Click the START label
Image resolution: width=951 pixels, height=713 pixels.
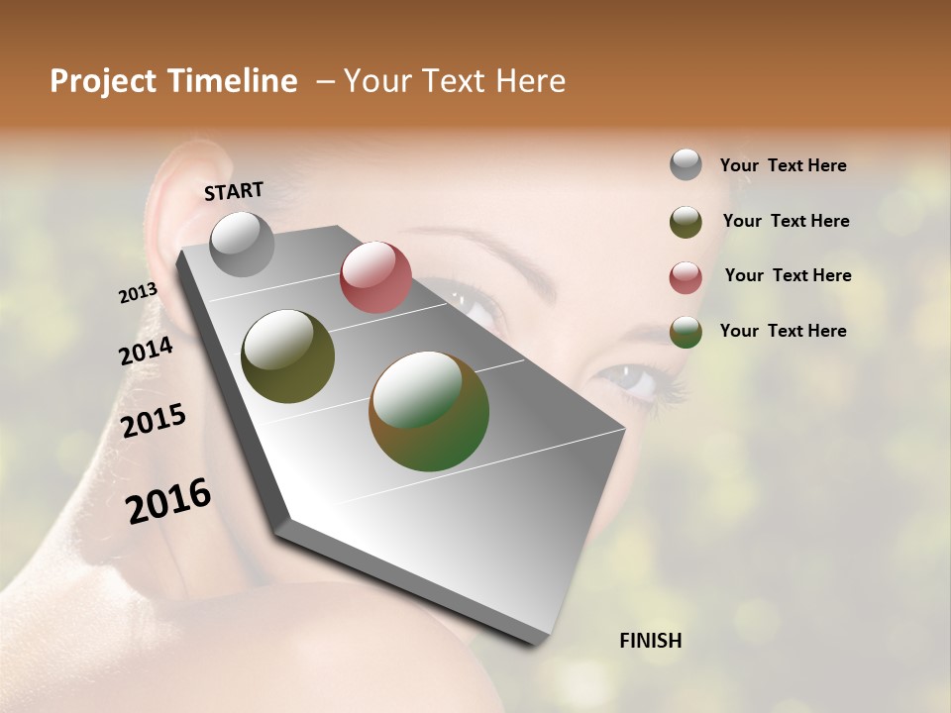(x=234, y=191)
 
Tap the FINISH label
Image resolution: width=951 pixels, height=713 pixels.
(x=650, y=641)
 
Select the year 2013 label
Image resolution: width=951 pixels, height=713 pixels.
(x=139, y=293)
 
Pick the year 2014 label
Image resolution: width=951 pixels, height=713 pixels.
(x=147, y=352)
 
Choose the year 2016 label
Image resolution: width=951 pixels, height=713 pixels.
(x=168, y=501)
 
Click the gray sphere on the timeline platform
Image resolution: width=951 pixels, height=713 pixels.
(x=242, y=244)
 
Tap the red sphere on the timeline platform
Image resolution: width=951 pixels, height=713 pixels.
(x=375, y=277)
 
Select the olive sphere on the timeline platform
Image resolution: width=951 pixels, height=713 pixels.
(x=287, y=356)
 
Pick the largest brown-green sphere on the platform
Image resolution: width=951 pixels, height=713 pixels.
(x=429, y=411)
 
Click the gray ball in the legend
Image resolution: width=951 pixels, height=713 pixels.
(x=686, y=165)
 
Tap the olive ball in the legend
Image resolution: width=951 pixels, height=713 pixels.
(x=686, y=222)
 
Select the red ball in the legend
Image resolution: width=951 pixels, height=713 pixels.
(x=686, y=277)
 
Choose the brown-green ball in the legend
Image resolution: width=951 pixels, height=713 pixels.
(x=686, y=332)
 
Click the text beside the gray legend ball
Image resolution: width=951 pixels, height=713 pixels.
(x=783, y=165)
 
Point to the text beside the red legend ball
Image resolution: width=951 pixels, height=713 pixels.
(x=788, y=275)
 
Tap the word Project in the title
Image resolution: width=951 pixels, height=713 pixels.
(x=100, y=81)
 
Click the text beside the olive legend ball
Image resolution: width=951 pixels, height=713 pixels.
(x=786, y=221)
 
